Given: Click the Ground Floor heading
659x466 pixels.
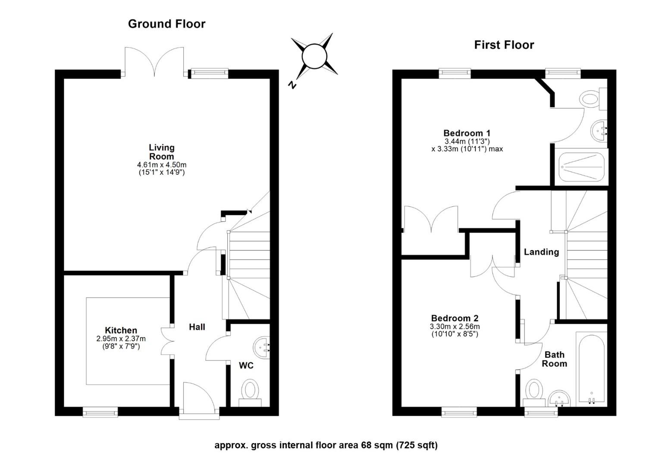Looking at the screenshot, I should (166, 24).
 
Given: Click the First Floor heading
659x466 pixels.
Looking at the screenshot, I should (504, 45).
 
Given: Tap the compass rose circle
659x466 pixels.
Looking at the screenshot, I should (314, 56).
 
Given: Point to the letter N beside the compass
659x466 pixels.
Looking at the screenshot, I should (292, 85).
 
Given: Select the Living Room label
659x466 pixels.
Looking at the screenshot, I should (161, 152).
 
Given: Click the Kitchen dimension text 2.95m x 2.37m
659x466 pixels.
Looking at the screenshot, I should (121, 339).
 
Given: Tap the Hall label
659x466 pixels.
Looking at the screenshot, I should (197, 327).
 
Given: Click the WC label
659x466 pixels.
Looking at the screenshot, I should (246, 365).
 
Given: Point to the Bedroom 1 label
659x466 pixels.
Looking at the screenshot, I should (467, 133).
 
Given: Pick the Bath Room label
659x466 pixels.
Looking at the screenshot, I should (554, 359).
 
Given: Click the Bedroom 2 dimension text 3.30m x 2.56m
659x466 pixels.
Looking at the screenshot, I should (455, 327).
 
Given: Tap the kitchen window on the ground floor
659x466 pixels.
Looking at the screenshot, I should (100, 413).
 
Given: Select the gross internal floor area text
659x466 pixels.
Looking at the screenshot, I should (326, 445).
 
